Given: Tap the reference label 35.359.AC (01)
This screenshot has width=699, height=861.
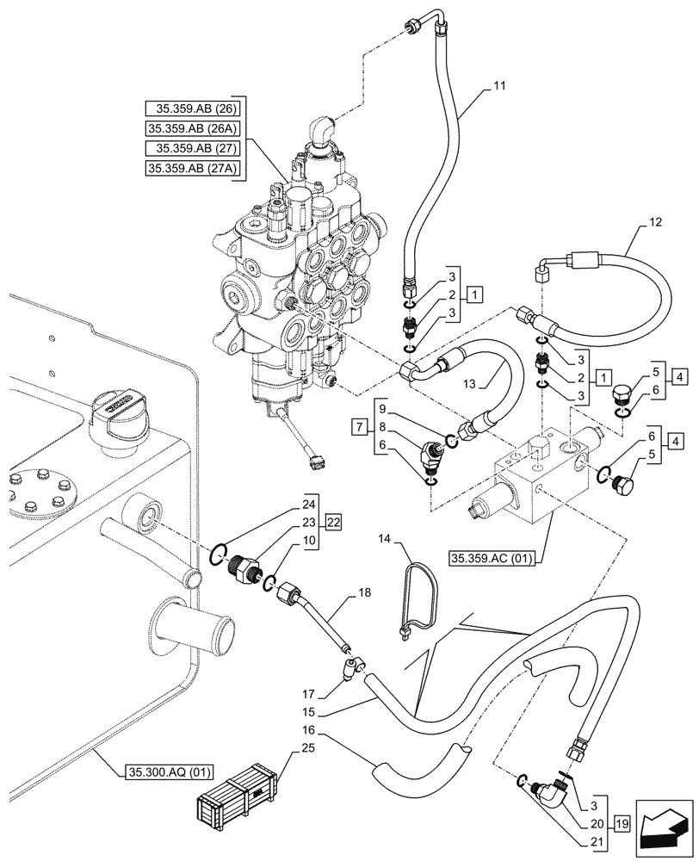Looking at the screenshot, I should [x=492, y=559].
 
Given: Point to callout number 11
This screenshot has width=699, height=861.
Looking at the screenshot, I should [x=500, y=86].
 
